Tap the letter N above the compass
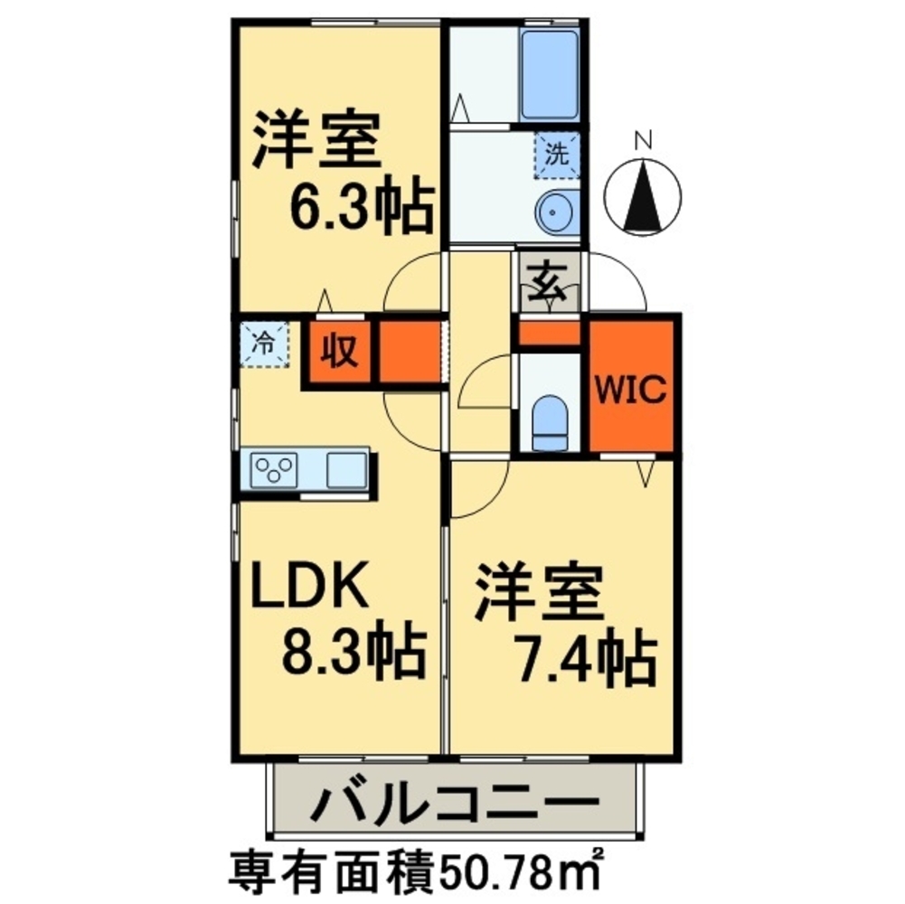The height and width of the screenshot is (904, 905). (x=643, y=140)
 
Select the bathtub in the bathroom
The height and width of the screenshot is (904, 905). (x=549, y=73)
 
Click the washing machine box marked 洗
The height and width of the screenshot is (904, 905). (x=557, y=154)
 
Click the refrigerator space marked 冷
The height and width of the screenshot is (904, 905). (x=263, y=344)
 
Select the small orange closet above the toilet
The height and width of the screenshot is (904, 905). (x=549, y=334)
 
